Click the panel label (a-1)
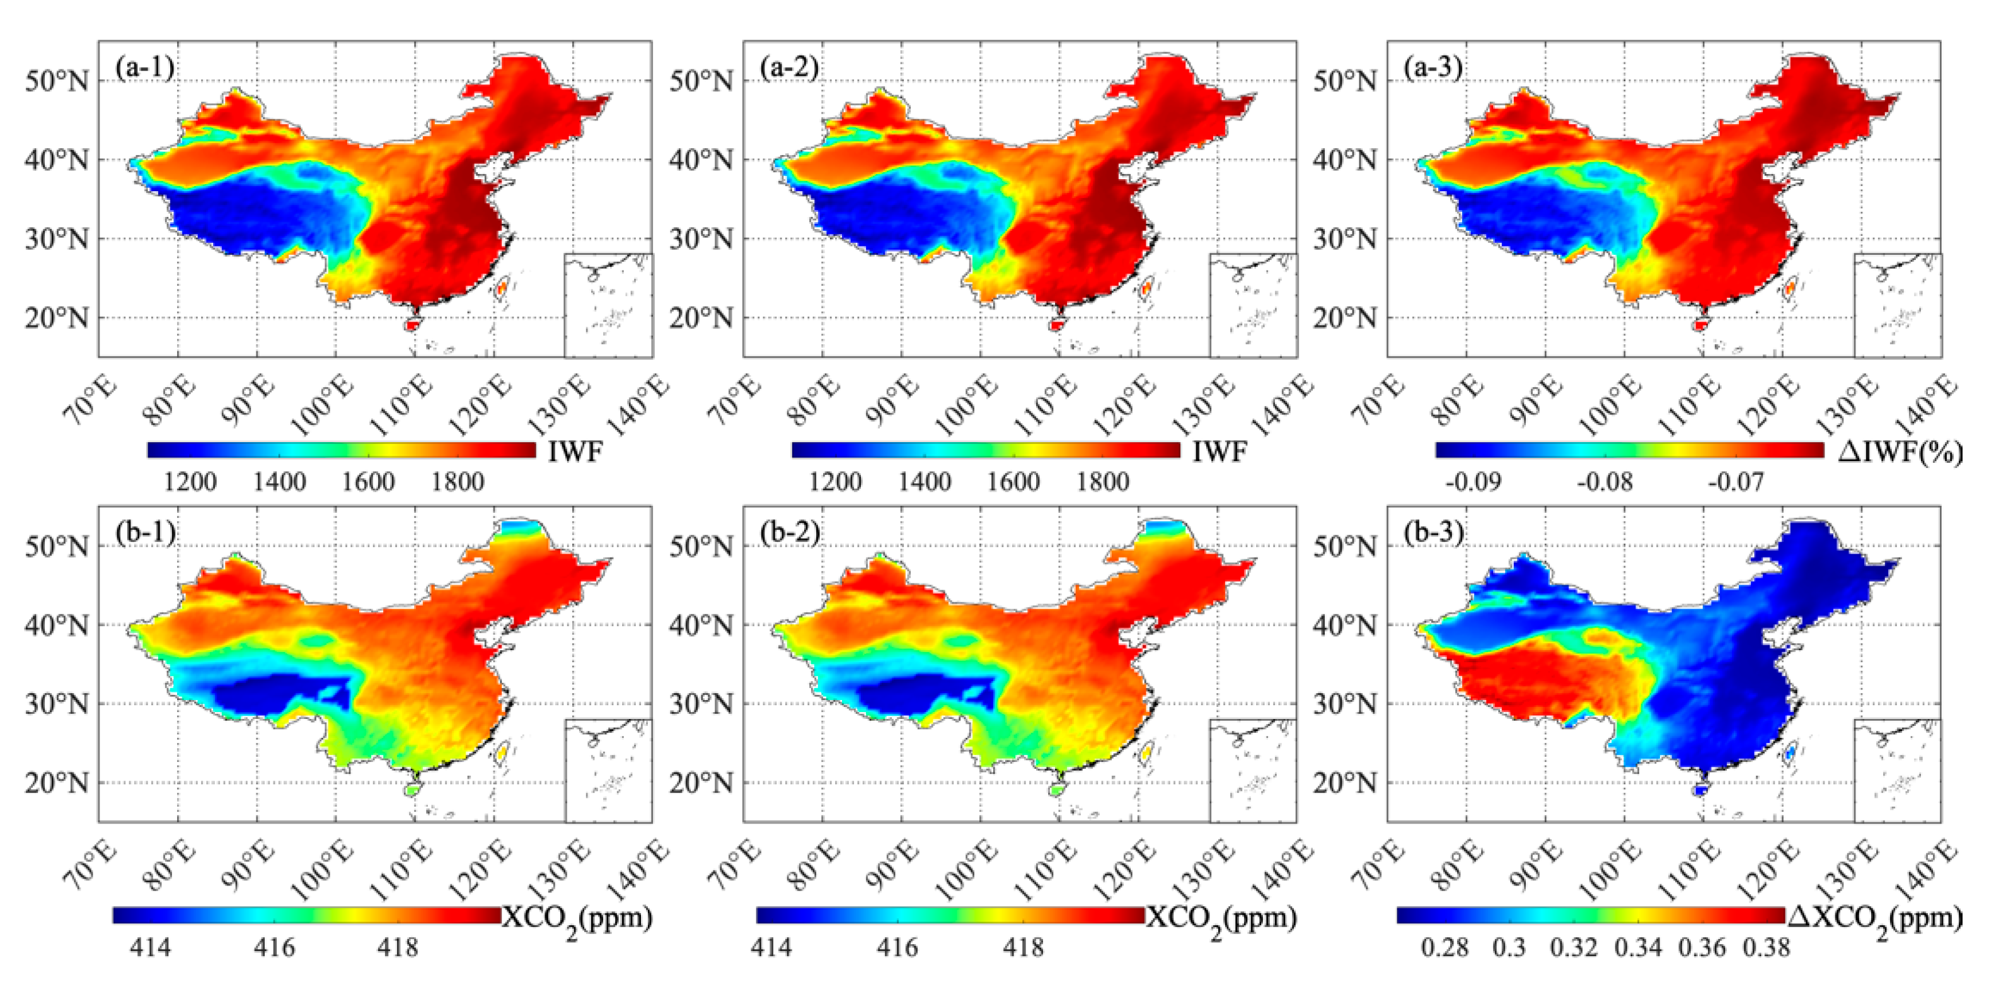click(x=144, y=68)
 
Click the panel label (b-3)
click(x=1434, y=533)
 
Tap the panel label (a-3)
click(x=1434, y=68)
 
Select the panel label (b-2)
click(x=790, y=533)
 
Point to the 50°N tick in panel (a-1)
click(x=56, y=80)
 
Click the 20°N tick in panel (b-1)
click(x=56, y=783)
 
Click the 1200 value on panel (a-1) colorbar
click(x=190, y=482)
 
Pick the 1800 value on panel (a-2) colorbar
click(x=1102, y=482)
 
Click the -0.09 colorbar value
click(x=1473, y=482)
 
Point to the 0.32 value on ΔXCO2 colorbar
click(x=1574, y=948)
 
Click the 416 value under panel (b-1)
click(x=274, y=948)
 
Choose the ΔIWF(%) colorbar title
click(x=1900, y=452)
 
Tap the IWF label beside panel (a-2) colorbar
click(x=1220, y=452)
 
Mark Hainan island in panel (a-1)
click(x=412, y=325)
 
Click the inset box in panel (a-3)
click(x=1898, y=305)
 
